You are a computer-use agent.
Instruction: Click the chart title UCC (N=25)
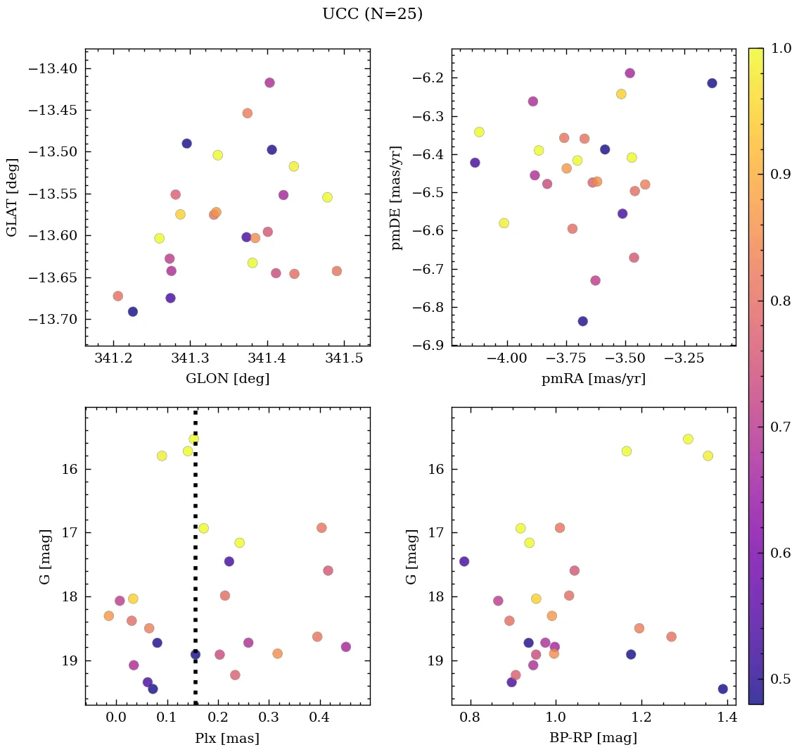[372, 14]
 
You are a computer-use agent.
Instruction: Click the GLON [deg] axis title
[227, 379]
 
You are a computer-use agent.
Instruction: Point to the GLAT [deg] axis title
[12, 197]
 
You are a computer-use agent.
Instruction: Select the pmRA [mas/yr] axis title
[593, 379]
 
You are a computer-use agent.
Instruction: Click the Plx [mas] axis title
[227, 738]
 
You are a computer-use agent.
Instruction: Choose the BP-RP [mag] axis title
[593, 738]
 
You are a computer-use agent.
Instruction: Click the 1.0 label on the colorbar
[782, 49]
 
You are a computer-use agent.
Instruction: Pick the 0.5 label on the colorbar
[782, 679]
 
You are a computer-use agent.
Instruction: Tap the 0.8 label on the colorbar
[782, 301]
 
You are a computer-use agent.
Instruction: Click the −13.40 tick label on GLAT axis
[52, 69]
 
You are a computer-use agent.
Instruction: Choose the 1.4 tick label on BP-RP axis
[728, 718]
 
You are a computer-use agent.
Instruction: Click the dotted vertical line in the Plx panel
[195, 563]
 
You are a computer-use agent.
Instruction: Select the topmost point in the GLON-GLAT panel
[269, 82]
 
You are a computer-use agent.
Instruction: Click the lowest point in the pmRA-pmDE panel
[582, 321]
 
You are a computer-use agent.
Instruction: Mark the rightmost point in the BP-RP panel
[722, 689]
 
